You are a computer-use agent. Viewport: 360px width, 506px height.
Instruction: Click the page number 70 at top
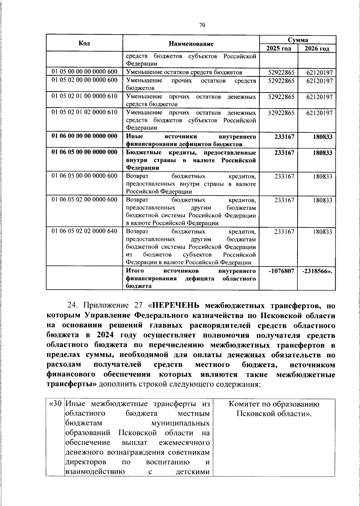click(x=202, y=26)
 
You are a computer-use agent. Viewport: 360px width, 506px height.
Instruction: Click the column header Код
click(x=84, y=43)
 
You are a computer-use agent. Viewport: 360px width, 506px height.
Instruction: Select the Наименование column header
click(x=191, y=44)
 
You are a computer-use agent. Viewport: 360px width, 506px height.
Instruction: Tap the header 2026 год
click(x=317, y=49)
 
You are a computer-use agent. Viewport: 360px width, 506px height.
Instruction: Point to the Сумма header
click(x=298, y=40)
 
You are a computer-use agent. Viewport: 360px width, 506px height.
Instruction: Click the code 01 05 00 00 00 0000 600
click(x=84, y=72)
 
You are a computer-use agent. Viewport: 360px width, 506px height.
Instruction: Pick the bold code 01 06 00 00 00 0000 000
click(x=84, y=136)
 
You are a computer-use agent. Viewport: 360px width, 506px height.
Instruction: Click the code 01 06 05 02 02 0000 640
click(x=84, y=231)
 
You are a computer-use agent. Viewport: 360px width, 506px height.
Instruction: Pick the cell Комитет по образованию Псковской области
click(x=274, y=409)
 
